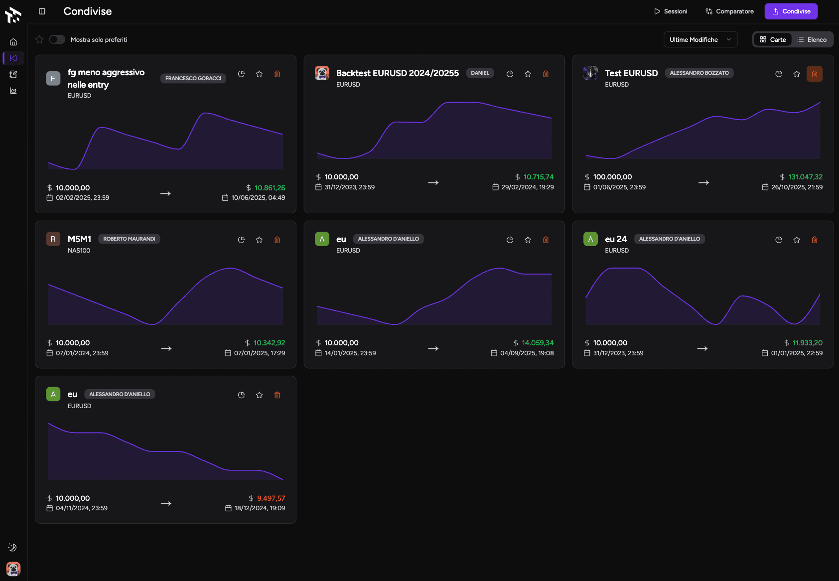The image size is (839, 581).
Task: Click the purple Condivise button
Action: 791,11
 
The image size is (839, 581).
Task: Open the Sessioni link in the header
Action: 671,11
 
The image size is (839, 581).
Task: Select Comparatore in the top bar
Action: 729,11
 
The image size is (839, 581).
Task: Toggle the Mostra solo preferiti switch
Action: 57,39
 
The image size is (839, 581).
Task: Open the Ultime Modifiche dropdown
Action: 700,40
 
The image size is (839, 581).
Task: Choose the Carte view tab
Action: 773,40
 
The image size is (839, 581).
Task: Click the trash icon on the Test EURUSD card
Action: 815,74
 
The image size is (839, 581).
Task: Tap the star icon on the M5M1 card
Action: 259,240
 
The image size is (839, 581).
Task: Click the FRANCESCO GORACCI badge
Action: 193,78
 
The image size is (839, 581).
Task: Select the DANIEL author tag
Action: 480,73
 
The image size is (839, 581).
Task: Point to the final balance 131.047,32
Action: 805,177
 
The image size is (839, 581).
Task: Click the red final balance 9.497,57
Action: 271,498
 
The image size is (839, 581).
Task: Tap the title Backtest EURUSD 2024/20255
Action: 397,73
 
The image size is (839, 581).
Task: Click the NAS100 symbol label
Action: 79,251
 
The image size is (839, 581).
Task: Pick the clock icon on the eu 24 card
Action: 779,240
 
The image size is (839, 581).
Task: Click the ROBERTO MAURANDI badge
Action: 129,239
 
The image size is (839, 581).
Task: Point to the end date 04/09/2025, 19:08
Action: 527,353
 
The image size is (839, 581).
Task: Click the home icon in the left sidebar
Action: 13,42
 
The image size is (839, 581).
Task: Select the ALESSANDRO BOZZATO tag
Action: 699,73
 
